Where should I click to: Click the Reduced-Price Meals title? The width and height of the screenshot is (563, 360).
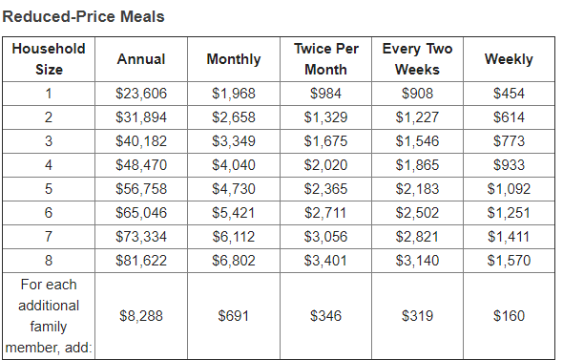click(84, 16)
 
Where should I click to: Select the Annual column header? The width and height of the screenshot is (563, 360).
click(141, 59)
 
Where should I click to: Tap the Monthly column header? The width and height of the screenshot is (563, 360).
click(234, 59)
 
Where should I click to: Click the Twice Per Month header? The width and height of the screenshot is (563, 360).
click(326, 59)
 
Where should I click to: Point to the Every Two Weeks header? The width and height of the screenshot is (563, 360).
click(417, 59)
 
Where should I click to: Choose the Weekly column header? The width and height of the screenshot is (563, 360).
click(509, 59)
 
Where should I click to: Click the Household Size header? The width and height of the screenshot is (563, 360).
click(49, 59)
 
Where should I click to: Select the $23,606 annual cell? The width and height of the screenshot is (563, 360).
click(141, 94)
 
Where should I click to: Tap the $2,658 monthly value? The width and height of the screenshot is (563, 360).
click(234, 117)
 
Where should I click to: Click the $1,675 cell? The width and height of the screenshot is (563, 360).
click(326, 141)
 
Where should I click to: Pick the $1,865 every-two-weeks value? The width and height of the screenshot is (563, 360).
click(417, 165)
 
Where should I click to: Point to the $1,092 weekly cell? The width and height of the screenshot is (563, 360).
click(509, 189)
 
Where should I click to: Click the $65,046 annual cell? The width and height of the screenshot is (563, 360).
click(141, 213)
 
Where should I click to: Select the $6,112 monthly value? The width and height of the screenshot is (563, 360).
click(234, 237)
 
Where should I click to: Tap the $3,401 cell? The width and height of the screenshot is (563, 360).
click(326, 261)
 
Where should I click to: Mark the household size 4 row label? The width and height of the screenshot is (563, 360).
click(49, 165)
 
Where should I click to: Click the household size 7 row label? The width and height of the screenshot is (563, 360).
click(49, 237)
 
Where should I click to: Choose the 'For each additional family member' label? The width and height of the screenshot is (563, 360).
click(49, 316)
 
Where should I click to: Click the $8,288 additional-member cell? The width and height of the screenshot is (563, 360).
click(141, 316)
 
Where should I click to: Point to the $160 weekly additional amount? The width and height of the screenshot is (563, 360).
click(509, 316)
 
